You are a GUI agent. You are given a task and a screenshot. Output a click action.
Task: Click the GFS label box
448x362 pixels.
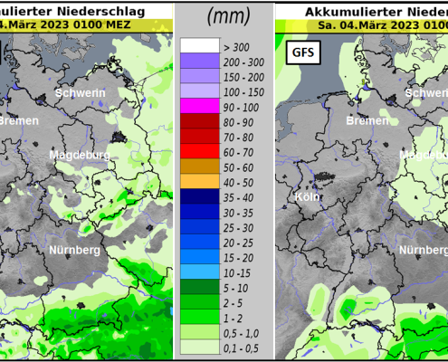(x=301, y=52)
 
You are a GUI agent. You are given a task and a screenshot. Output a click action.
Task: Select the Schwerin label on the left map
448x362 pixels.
(x=80, y=93)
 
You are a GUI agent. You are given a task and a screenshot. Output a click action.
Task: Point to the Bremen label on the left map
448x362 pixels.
(x=17, y=120)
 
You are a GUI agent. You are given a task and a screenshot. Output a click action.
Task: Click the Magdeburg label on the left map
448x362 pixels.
(x=79, y=156)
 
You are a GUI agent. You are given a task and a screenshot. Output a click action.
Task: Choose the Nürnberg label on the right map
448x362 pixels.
(x=424, y=224)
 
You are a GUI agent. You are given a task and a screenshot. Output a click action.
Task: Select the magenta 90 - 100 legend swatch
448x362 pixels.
(x=199, y=107)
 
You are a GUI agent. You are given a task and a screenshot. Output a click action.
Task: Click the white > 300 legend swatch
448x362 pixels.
(x=199, y=45)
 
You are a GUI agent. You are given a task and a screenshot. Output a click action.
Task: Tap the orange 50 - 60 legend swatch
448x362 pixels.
(x=199, y=167)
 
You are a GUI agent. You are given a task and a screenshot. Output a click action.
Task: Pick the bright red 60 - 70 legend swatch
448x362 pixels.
(x=199, y=152)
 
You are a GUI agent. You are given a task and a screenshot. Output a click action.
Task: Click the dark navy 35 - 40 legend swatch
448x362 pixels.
(x=199, y=196)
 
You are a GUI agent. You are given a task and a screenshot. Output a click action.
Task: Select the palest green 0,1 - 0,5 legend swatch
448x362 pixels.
(x=199, y=348)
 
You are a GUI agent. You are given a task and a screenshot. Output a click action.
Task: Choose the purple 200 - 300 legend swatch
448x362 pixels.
(x=199, y=61)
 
